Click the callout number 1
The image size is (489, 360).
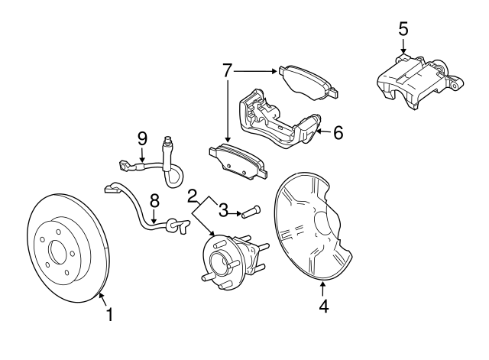(x=109, y=314)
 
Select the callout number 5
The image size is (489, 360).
(x=403, y=29)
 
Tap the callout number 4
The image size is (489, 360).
(x=324, y=306)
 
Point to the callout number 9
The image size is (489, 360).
(x=142, y=139)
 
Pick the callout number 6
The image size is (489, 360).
(x=338, y=132)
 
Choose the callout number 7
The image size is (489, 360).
(x=228, y=70)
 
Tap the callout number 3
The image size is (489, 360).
(x=223, y=210)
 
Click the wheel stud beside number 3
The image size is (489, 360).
(x=251, y=212)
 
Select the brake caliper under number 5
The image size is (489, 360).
(x=420, y=81)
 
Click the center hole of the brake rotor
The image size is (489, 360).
(x=58, y=251)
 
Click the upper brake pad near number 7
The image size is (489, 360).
(x=308, y=83)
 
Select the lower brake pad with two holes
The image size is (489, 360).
(x=238, y=161)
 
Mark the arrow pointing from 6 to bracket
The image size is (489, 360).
(x=323, y=132)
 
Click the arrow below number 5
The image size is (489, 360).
(x=403, y=46)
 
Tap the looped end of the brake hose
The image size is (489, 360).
(x=173, y=177)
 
